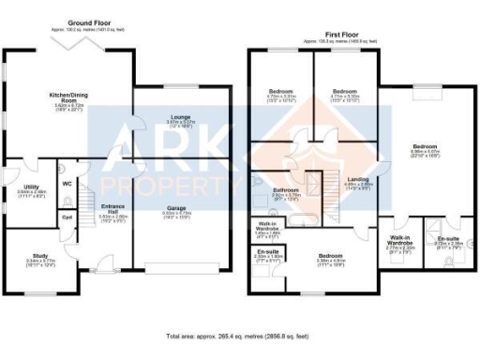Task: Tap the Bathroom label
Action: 286,190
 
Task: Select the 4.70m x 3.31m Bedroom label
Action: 281,93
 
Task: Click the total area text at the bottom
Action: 239,335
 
